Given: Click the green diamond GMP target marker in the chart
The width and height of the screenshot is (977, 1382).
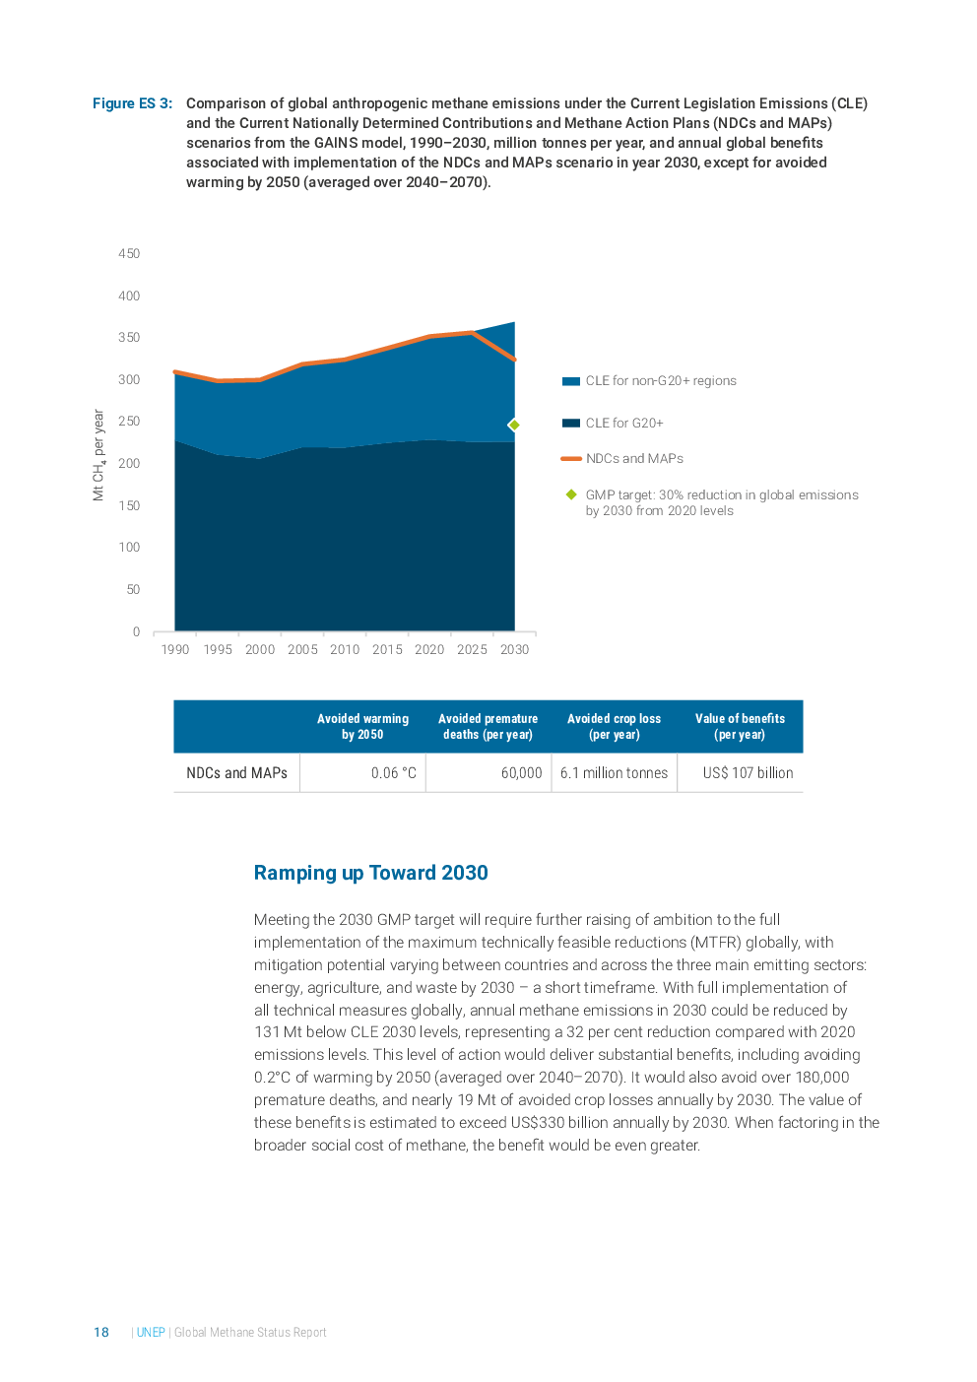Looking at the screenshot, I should [514, 425].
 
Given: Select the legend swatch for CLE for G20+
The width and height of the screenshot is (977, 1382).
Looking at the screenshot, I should [570, 424].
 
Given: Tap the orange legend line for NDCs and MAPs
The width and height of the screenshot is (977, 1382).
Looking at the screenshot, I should [570, 459].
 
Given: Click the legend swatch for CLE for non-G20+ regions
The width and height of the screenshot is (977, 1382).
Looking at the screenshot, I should [570, 381].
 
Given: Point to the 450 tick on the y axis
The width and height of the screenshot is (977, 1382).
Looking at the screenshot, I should [129, 254].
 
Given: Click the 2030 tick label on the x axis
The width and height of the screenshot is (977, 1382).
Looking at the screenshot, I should [514, 649].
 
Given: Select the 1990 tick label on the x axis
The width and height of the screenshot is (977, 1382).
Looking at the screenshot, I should [175, 649].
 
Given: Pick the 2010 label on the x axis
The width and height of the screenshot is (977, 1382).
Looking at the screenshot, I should [345, 649].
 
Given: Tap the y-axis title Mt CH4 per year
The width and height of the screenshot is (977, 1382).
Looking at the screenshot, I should [98, 455].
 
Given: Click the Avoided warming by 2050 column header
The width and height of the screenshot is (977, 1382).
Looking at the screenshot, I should [362, 727].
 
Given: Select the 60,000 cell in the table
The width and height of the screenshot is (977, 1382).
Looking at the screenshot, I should [521, 773].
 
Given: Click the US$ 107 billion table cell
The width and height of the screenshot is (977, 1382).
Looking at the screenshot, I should [748, 773].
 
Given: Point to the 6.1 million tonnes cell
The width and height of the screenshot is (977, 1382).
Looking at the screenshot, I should [614, 773].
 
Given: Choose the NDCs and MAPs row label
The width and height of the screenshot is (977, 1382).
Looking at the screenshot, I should [236, 773].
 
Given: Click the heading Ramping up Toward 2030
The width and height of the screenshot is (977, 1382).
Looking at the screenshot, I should [370, 873].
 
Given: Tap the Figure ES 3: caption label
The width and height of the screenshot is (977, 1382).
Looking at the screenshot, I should [132, 103].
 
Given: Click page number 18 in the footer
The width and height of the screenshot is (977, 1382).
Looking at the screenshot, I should [101, 1333].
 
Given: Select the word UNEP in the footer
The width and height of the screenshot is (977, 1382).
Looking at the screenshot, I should [151, 1333].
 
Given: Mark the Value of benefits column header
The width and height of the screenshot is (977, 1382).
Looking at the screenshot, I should [740, 727].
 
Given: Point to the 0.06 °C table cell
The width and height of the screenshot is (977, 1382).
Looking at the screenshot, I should [393, 773].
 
